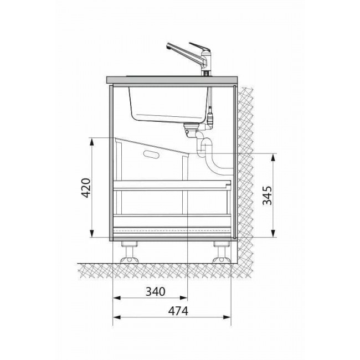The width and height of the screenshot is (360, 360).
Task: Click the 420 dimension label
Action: pyautogui.click(x=86, y=188)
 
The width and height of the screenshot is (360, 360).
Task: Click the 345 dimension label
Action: pyautogui.click(x=268, y=196)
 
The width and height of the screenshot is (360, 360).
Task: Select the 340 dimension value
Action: pyautogui.click(x=156, y=291)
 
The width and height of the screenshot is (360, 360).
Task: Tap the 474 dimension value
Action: pyautogui.click(x=178, y=311)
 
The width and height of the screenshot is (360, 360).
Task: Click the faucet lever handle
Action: pyautogui.click(x=199, y=47)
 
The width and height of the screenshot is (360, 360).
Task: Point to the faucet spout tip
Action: pyautogui.click(x=168, y=46)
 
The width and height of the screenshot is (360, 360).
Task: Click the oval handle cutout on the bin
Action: pyautogui.click(x=151, y=154)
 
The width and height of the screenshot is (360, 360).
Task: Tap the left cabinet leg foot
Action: pyautogui.click(x=130, y=260)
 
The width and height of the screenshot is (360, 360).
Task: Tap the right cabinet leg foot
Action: pyautogui.click(x=222, y=260)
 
